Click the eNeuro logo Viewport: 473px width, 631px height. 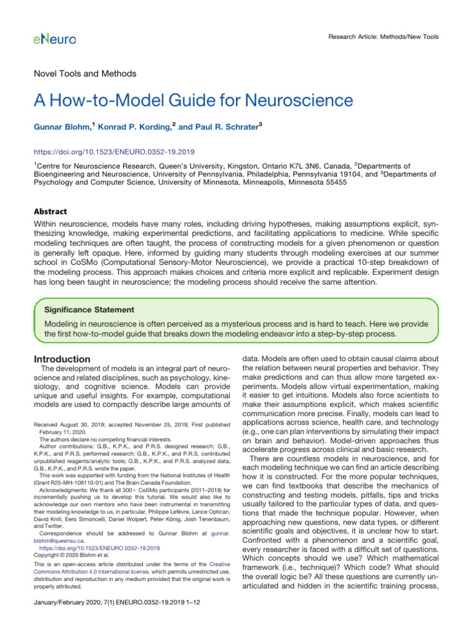(55, 39)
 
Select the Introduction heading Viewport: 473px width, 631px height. (62, 359)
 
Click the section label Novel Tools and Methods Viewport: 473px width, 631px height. (84, 73)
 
